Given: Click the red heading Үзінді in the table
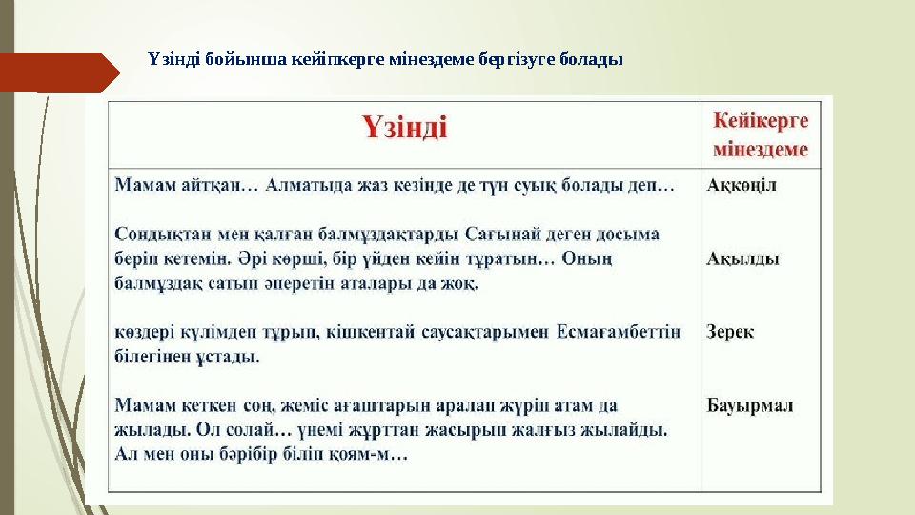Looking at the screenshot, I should pyautogui.click(x=404, y=128).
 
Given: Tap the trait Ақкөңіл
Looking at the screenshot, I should pyautogui.click(x=742, y=185).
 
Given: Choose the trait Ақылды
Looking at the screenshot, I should pyautogui.click(x=742, y=257).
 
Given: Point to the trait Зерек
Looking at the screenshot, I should pyautogui.click(x=730, y=332).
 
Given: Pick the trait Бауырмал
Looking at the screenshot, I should pyautogui.click(x=750, y=405).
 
